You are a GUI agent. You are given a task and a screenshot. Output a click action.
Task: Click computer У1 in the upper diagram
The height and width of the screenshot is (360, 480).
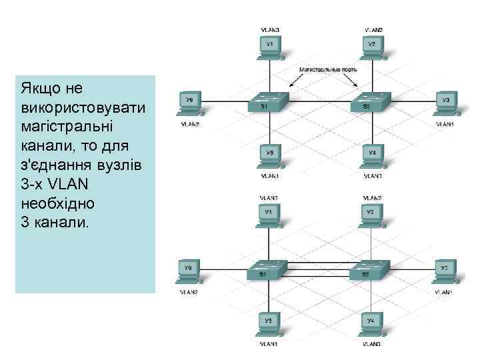pyautogui.click(x=269, y=46)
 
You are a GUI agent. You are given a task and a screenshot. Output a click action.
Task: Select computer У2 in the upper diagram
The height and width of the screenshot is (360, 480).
pyautogui.click(x=372, y=46)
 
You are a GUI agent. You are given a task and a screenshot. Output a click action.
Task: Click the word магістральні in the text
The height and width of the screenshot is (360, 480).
pyautogui.click(x=61, y=127)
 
